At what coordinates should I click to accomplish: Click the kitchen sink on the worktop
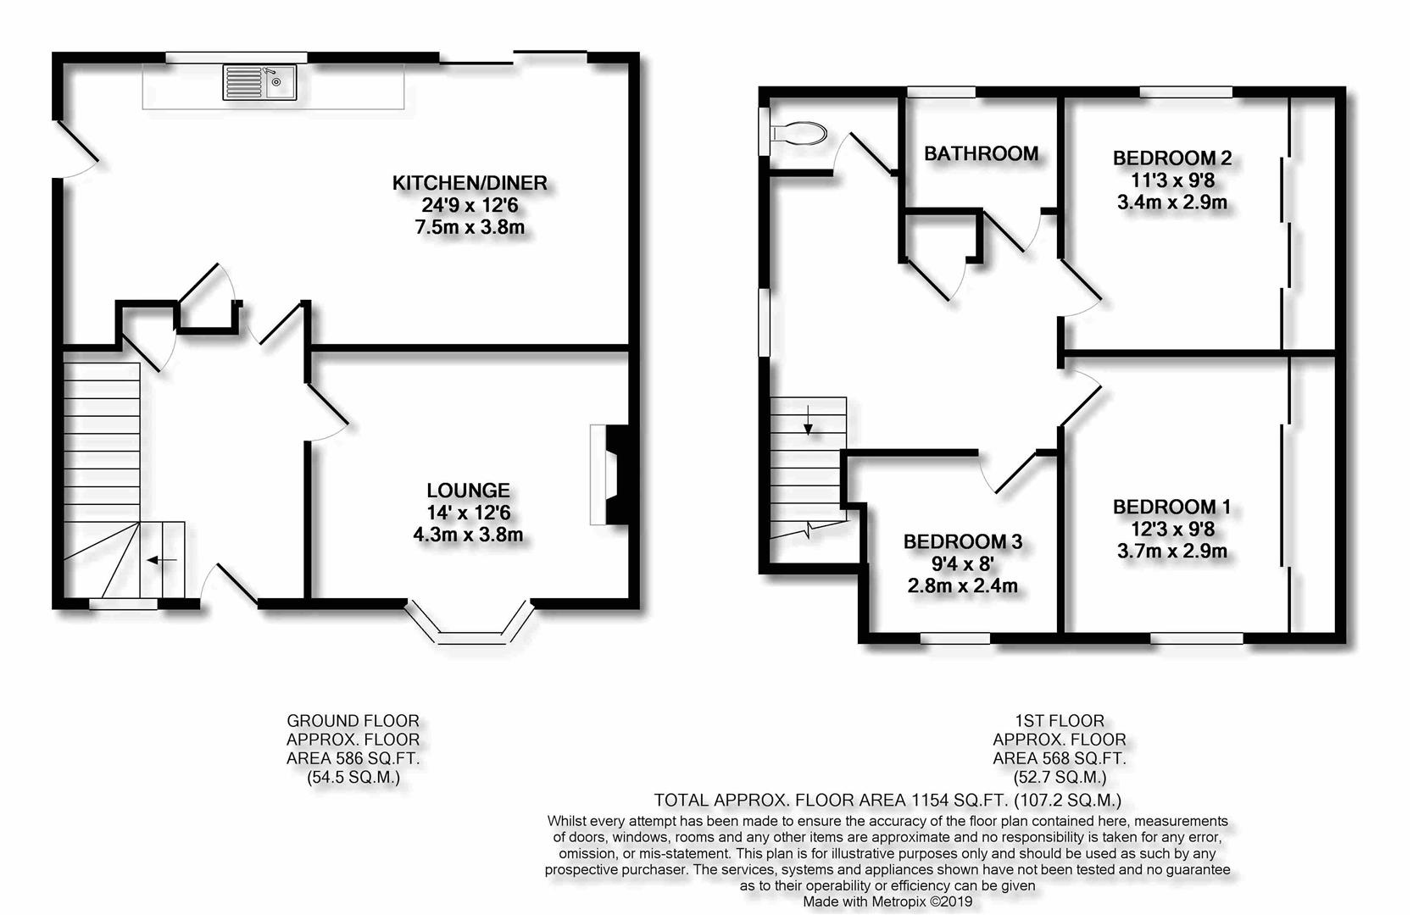[x=259, y=83]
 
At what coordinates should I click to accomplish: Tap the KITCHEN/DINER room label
[x=470, y=183]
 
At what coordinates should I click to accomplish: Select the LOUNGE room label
[x=468, y=491]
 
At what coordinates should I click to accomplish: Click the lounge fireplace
[x=610, y=474]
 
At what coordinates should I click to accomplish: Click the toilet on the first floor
[x=798, y=134]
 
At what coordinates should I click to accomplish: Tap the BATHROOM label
[x=982, y=153]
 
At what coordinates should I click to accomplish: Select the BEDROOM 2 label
[x=1172, y=158]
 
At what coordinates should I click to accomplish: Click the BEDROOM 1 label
[x=1172, y=507]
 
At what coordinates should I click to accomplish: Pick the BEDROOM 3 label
[x=963, y=541]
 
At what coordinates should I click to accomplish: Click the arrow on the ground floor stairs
[x=162, y=560]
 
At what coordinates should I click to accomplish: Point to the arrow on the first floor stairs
[x=808, y=420]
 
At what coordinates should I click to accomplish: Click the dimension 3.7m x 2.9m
[x=1172, y=552]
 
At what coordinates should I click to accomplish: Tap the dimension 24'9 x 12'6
[x=470, y=206]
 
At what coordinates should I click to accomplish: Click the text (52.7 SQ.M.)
[x=1060, y=777]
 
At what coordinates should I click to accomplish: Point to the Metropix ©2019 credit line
[x=887, y=901]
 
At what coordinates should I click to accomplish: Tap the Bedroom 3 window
[x=955, y=639]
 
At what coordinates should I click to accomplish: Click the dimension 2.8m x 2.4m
[x=963, y=585]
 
